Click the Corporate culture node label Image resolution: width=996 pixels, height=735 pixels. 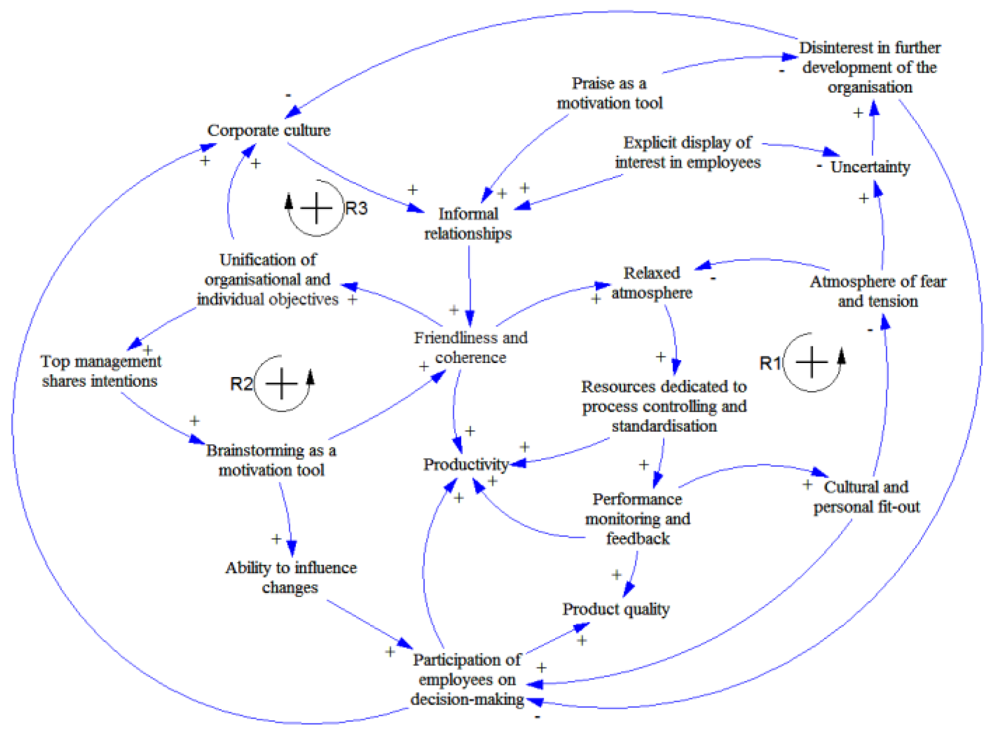click(x=269, y=130)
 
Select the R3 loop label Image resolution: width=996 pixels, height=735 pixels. click(x=356, y=208)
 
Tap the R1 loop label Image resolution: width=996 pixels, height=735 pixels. click(x=769, y=363)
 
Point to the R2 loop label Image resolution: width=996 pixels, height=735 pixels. click(x=241, y=384)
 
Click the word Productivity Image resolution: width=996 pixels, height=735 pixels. click(x=465, y=464)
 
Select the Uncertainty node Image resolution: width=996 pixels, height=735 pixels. click(x=870, y=167)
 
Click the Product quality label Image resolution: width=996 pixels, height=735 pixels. click(x=615, y=609)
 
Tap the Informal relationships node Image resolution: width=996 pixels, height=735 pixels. click(x=467, y=223)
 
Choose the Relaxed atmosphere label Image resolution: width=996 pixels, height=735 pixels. click(x=651, y=282)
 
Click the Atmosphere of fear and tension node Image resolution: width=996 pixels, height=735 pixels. click(x=878, y=291)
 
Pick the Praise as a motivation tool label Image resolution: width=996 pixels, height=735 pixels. click(x=609, y=93)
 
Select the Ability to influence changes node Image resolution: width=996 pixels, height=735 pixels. click(x=291, y=577)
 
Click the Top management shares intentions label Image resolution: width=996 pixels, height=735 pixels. click(x=100, y=371)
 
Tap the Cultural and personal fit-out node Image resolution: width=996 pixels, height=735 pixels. click(x=866, y=496)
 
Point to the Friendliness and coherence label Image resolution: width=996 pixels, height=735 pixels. click(x=470, y=347)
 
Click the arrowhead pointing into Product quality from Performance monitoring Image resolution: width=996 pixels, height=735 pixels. click(x=628, y=590)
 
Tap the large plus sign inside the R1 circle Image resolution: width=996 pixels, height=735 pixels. click(x=811, y=362)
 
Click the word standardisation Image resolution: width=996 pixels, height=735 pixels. click(x=664, y=426)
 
